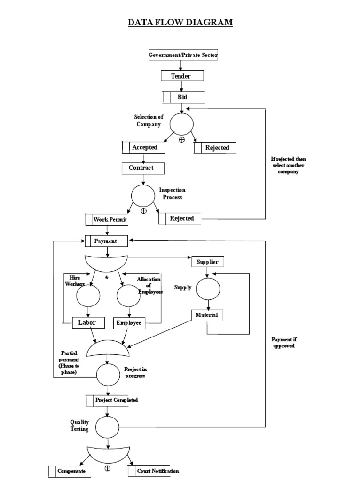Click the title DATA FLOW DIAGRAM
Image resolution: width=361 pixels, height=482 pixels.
pos(180,22)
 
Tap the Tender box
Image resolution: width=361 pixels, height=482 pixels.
pos(182,76)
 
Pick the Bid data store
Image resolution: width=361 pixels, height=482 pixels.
pos(183,97)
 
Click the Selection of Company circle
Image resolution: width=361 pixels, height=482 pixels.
pos(181,123)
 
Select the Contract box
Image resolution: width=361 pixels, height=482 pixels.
pos(144,168)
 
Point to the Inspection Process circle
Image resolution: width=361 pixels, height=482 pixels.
pos(143,196)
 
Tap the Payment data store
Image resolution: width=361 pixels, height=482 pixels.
pos(107,241)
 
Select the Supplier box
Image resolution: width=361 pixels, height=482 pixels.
pos(207,261)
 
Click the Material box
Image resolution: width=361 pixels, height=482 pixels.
pos(207,315)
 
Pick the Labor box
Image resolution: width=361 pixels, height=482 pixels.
pos(87,323)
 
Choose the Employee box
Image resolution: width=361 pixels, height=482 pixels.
pos(129,323)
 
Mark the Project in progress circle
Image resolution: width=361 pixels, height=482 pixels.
pos(108,374)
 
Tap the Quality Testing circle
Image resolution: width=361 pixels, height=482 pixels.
pos(108,427)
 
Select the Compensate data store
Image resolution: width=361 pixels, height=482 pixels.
pos(71,471)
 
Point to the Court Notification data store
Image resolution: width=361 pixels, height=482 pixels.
pos(153,471)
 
